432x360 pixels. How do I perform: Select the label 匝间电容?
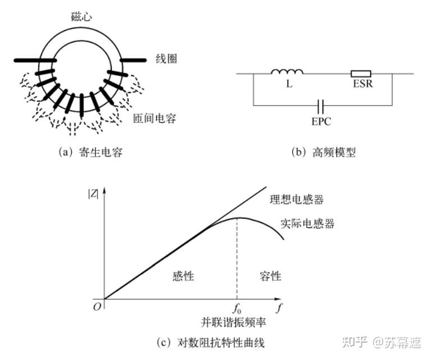tap(156, 119)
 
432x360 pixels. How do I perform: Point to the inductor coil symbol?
tap(287, 72)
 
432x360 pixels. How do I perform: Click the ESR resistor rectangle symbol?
tap(360, 73)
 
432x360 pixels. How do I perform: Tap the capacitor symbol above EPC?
tap(320, 105)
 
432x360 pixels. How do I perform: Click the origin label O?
tap(95, 307)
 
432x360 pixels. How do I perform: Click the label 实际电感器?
tap(307, 224)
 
